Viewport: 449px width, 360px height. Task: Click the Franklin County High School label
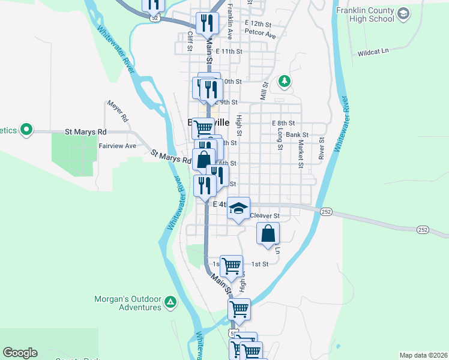pos(365,15)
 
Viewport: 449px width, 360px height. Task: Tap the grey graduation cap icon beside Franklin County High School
pos(403,13)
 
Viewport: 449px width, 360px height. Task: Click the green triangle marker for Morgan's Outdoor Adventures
pos(171,303)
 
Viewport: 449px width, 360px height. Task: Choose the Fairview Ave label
pos(117,146)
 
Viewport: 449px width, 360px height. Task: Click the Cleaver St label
pos(265,215)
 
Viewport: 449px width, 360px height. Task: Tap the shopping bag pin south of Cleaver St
pos(268,234)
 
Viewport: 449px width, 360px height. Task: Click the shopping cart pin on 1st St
pos(231,266)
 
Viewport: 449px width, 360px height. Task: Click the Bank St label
pos(297,135)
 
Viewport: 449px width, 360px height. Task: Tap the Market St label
pos(301,154)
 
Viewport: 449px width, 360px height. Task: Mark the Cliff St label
pos(190,41)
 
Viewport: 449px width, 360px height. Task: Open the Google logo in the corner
pos(20,353)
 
